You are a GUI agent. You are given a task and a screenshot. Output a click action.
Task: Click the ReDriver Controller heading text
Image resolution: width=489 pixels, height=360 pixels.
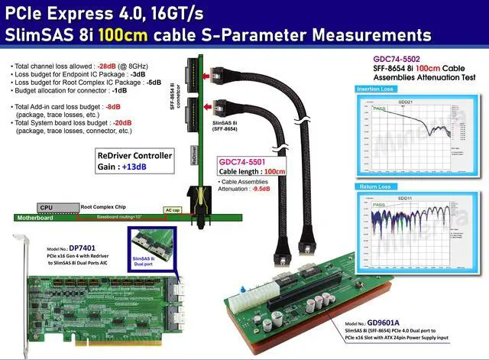(x=135, y=155)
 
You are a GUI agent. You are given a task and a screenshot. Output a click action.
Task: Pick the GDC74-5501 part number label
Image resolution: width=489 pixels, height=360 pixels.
(x=242, y=162)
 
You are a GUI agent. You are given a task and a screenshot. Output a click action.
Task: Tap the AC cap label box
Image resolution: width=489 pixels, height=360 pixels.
(x=173, y=208)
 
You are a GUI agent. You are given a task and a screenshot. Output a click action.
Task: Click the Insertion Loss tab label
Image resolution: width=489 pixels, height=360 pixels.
(x=377, y=90)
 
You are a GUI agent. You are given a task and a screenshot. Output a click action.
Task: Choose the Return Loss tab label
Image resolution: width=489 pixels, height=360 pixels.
(x=374, y=186)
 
